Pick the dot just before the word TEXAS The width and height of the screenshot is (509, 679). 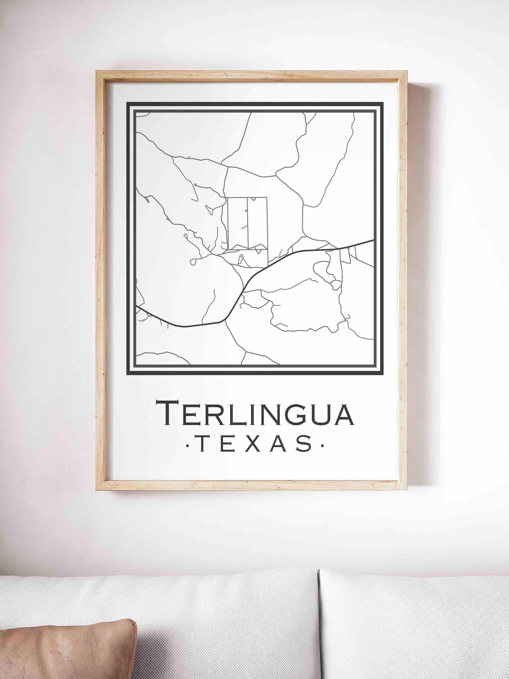[x=188, y=444]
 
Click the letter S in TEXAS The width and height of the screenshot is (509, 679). [x=304, y=444]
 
